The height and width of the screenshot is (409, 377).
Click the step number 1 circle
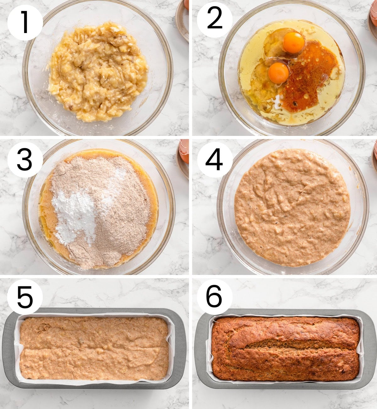[25, 22]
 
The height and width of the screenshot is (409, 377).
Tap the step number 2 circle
[215, 20]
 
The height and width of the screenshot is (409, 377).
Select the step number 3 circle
[25, 160]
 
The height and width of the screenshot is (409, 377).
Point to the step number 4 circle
[215, 160]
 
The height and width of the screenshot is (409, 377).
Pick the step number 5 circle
[25, 297]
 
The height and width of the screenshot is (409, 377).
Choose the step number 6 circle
[215, 297]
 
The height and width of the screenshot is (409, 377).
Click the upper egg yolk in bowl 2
[293, 42]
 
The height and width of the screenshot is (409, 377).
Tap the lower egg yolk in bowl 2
[278, 73]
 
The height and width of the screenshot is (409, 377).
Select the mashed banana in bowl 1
[97, 72]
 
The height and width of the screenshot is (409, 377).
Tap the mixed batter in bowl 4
[292, 208]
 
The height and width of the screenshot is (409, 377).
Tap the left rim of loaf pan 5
[9, 348]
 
